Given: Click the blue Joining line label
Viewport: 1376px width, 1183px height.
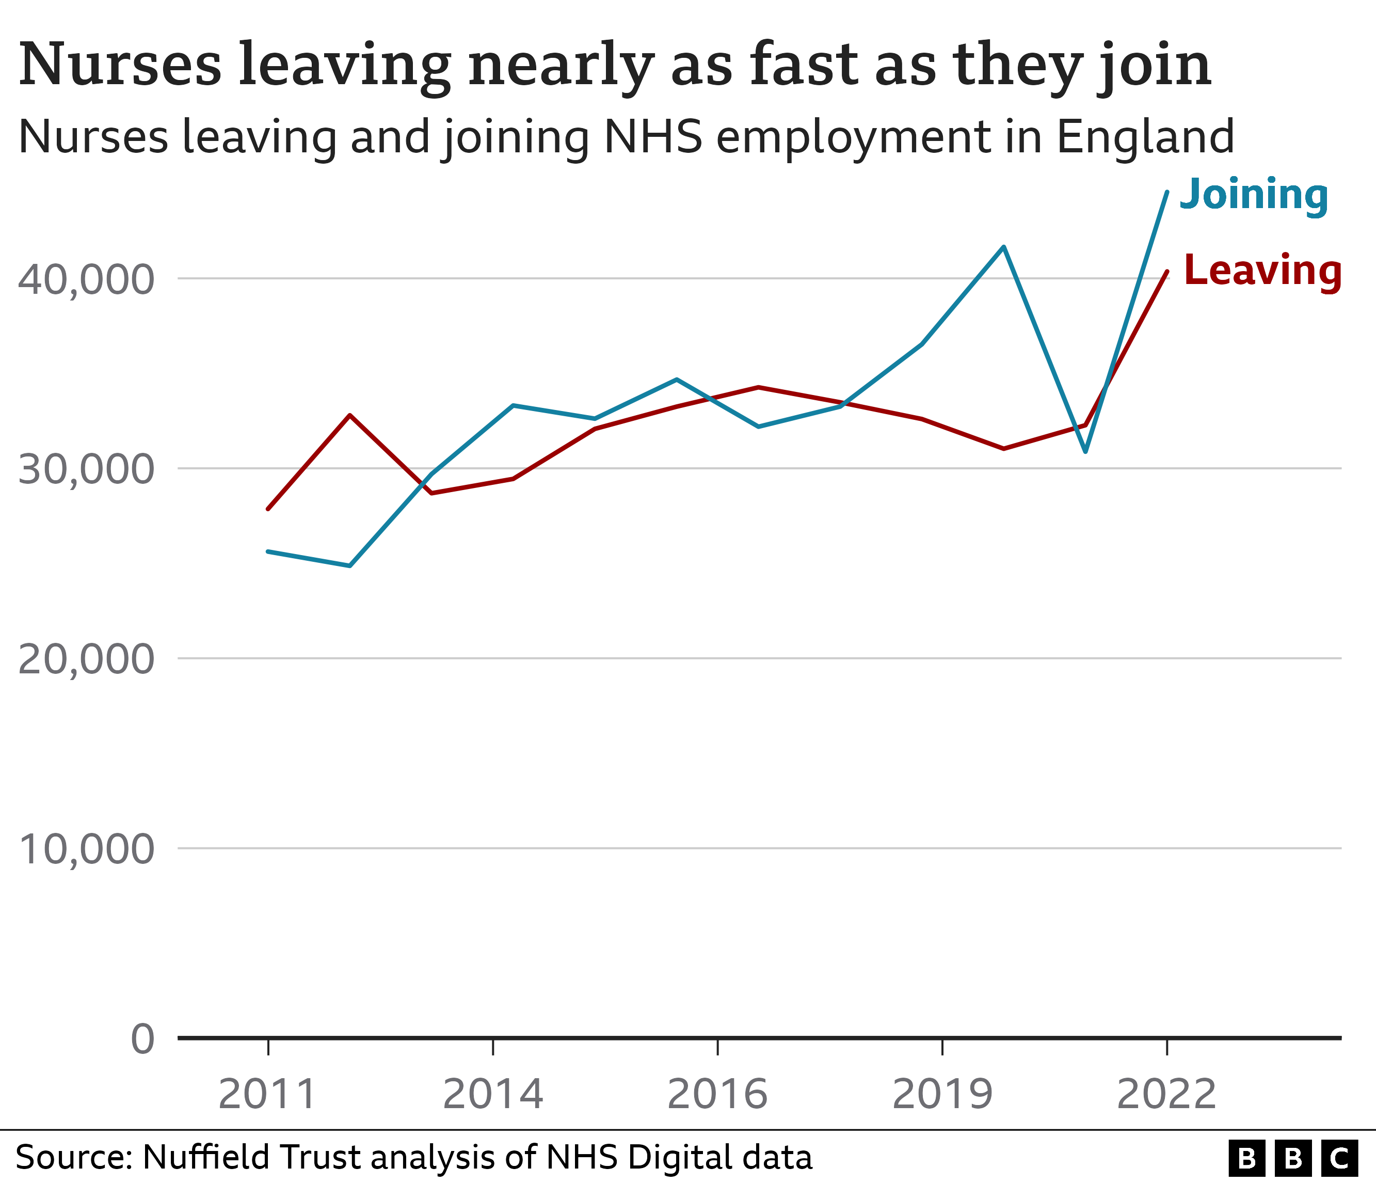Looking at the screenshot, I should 1253,195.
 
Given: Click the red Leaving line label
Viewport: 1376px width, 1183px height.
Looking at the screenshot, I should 1262,271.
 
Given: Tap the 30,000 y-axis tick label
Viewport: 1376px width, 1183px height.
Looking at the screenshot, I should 86,469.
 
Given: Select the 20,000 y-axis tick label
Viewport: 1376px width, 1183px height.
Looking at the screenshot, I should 86,659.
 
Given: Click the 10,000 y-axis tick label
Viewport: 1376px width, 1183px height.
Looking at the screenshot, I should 86,849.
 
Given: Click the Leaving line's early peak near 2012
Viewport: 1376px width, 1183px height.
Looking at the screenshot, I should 350,415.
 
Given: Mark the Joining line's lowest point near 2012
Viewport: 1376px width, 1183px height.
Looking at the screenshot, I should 350,566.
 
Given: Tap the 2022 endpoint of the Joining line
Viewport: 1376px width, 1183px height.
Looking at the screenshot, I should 1167,192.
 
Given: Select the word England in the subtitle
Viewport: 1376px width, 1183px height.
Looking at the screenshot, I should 1145,137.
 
